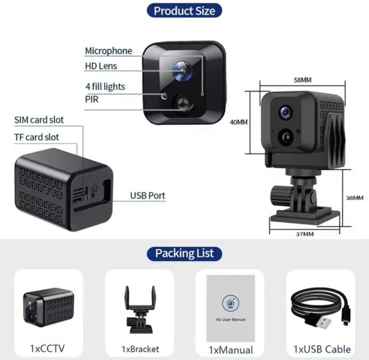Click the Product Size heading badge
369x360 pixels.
184,10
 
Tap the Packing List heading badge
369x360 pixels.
184,253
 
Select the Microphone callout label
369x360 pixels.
108,50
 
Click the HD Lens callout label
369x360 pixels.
101,66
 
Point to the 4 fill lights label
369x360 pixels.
105,87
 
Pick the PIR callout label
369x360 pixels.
92,99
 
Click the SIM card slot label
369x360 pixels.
39,120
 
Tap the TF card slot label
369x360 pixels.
37,137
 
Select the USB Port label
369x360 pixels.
147,196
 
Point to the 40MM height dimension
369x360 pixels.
239,123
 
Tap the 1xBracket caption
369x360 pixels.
139,349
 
